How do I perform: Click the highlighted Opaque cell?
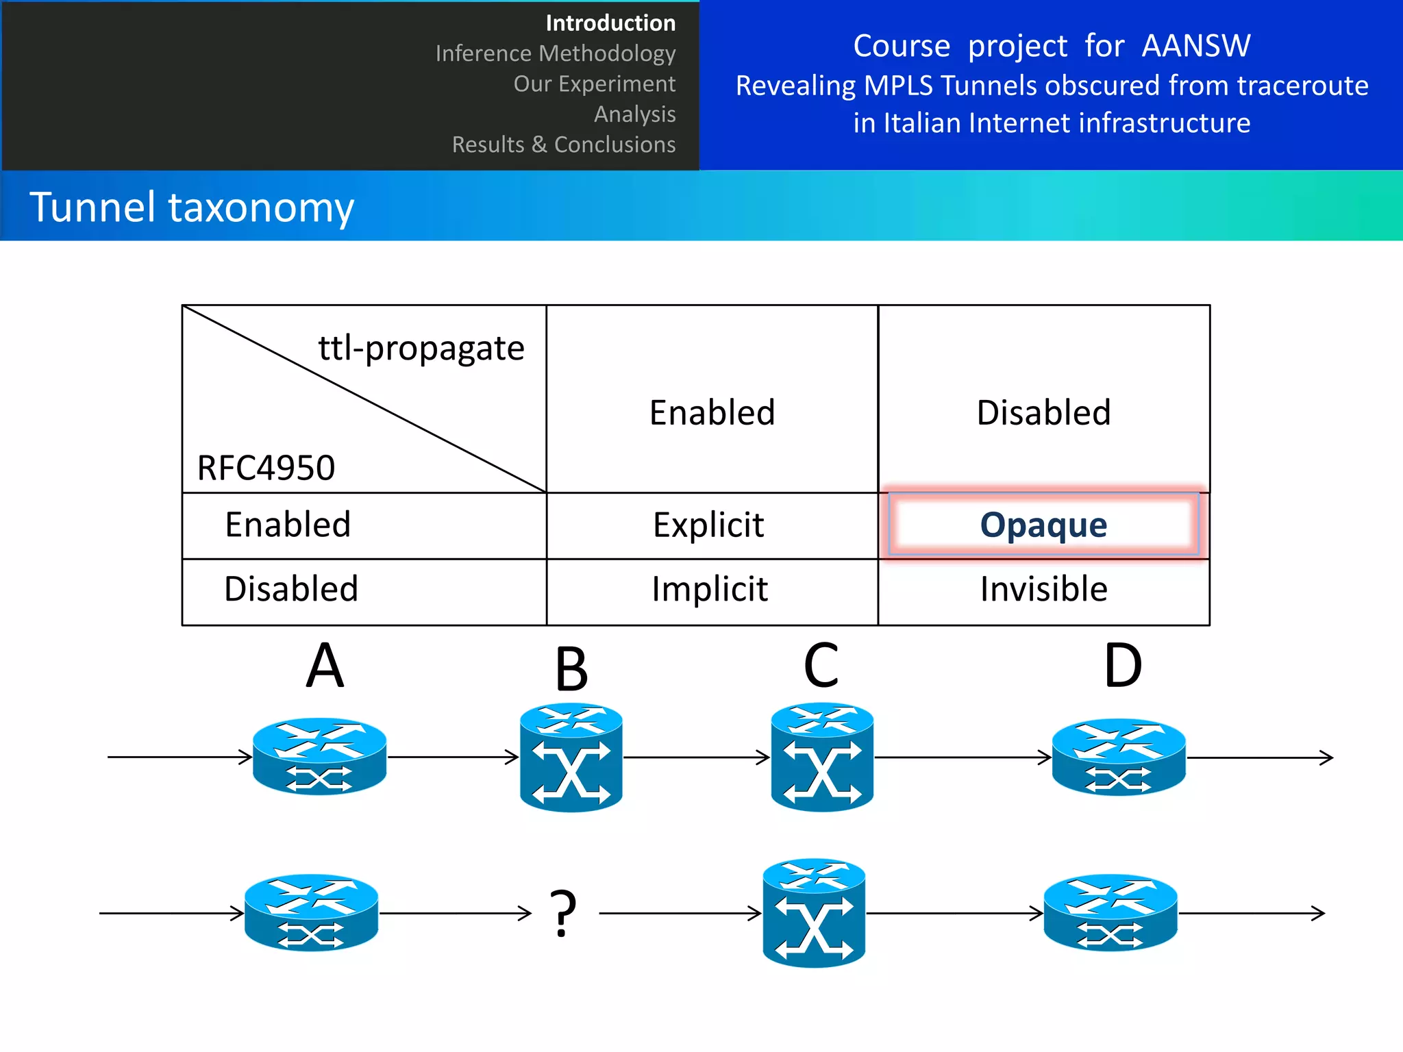pos(1043,525)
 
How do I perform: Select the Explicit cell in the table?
pos(708,525)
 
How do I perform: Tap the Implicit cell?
pos(710,589)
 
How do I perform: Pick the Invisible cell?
pos(1043,589)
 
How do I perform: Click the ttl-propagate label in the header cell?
pos(421,348)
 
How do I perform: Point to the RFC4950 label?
pos(266,468)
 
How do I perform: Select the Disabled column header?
pos(1043,412)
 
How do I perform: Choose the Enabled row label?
pos(288,525)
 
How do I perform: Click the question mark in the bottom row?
pos(563,913)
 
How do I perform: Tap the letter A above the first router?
pos(324,666)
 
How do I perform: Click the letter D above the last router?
pos(1123,666)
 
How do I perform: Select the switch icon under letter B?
pos(571,757)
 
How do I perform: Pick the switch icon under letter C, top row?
pos(822,757)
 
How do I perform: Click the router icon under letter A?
pos(319,756)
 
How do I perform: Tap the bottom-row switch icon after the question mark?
pos(814,913)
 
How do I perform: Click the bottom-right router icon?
pos(1110,912)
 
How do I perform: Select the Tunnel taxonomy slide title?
pos(192,207)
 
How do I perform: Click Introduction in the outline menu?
pos(610,23)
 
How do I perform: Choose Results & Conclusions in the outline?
pos(563,145)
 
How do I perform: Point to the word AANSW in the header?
pos(1196,46)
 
